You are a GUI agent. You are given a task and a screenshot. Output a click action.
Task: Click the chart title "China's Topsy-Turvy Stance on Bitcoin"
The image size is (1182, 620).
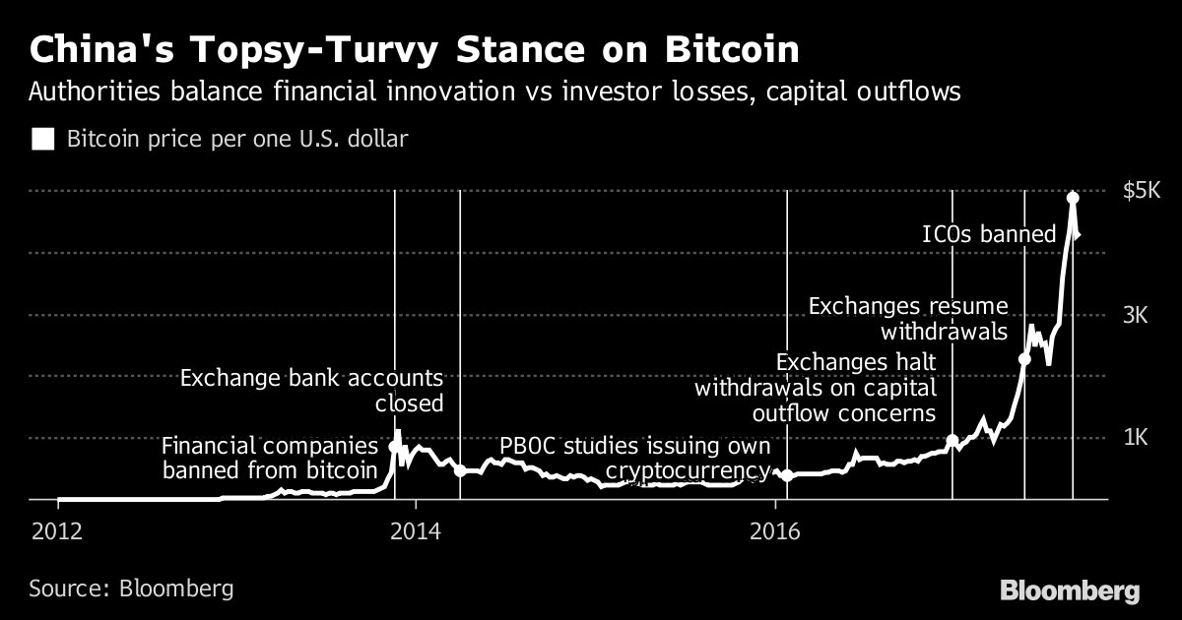(x=415, y=48)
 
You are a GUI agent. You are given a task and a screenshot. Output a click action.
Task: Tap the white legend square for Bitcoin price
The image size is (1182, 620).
(x=43, y=139)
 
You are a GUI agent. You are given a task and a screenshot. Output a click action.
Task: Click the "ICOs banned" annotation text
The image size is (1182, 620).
(x=988, y=234)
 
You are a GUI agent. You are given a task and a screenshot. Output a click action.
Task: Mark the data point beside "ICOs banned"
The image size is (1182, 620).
(x=1073, y=198)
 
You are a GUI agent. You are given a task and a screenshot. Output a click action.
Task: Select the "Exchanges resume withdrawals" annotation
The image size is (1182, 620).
(x=907, y=318)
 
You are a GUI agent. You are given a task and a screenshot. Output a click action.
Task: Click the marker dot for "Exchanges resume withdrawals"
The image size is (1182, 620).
(x=1024, y=359)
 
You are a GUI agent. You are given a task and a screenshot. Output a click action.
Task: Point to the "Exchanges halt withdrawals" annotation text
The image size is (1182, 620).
(x=815, y=388)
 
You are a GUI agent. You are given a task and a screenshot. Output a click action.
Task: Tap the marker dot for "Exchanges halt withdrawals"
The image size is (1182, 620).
(x=952, y=441)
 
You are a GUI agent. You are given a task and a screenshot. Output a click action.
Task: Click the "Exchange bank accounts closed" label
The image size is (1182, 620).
(x=311, y=390)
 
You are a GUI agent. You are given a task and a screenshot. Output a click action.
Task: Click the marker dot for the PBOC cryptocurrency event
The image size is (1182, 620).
(x=786, y=475)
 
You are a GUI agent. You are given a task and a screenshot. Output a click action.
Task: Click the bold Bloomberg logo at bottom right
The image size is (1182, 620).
(x=1070, y=590)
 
